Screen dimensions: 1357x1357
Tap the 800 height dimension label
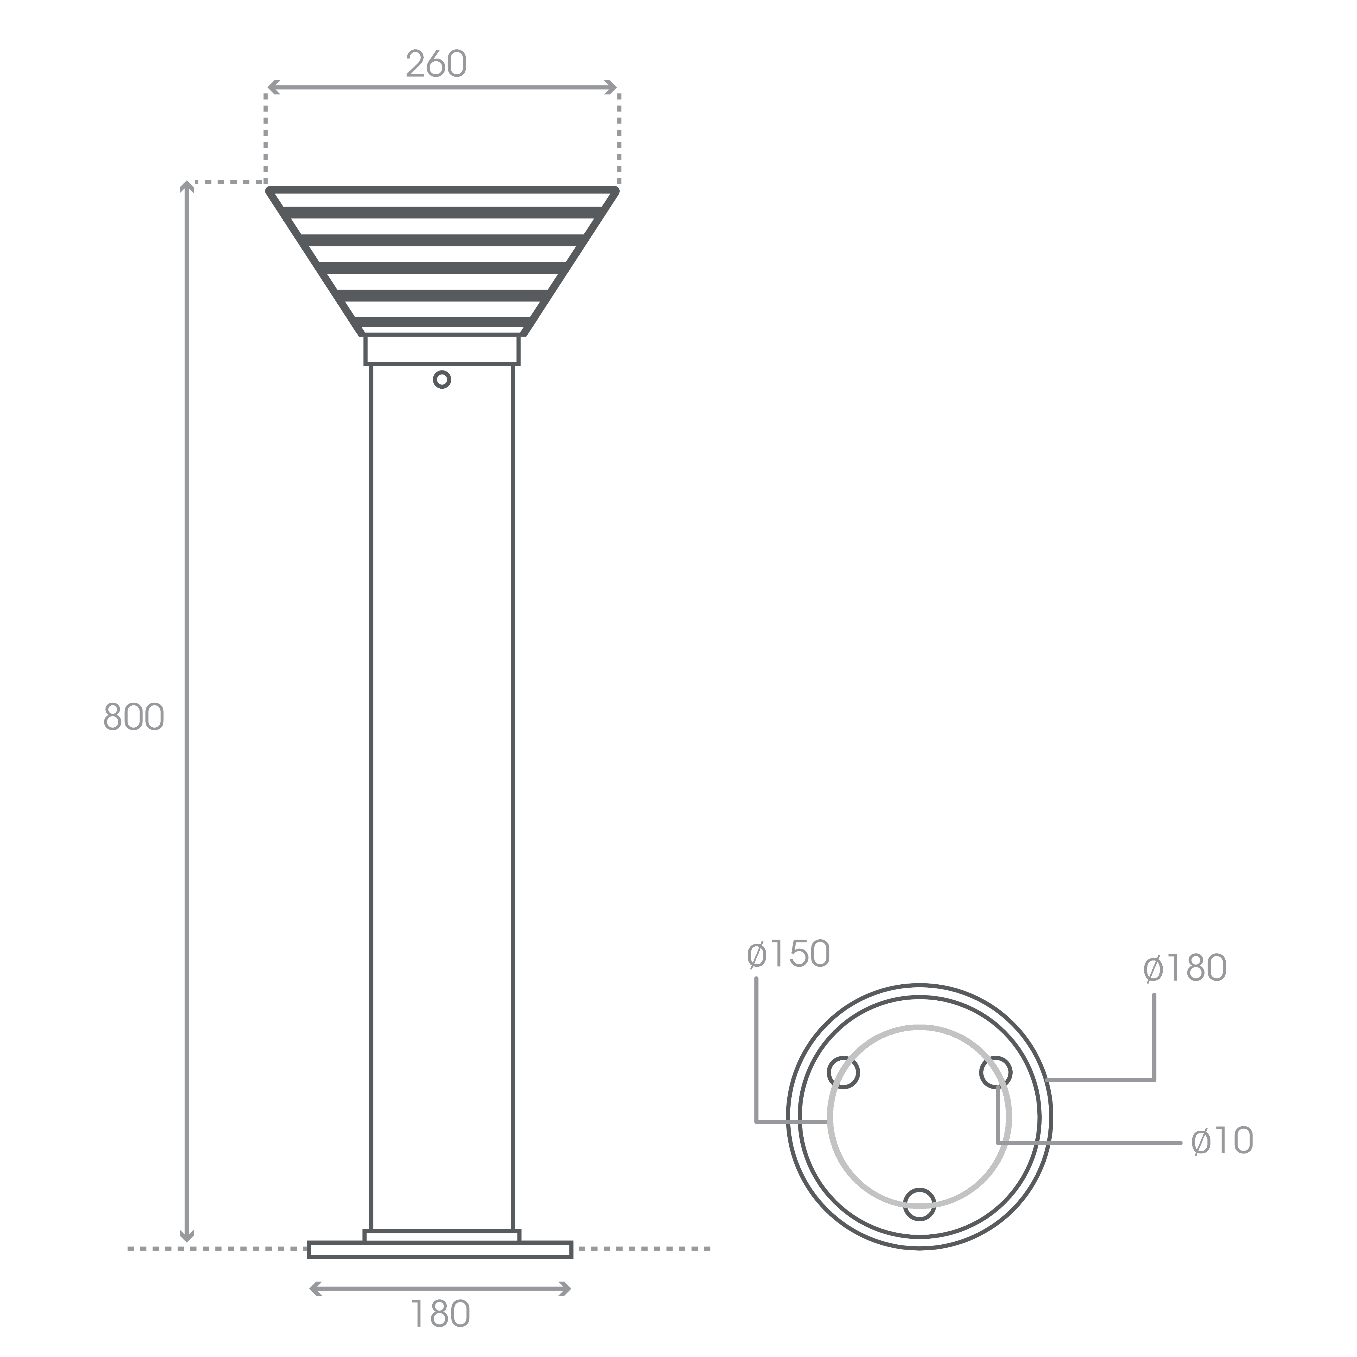pyautogui.click(x=134, y=717)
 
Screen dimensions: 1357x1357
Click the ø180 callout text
pyautogui.click(x=1184, y=969)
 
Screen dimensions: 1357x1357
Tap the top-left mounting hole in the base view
pyautogui.click(x=844, y=1073)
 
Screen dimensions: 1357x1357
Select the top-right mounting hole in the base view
pyautogui.click(x=995, y=1073)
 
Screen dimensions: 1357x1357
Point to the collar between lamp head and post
pyautogui.click(x=442, y=350)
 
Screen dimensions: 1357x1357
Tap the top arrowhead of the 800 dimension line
pyautogui.click(x=186, y=186)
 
